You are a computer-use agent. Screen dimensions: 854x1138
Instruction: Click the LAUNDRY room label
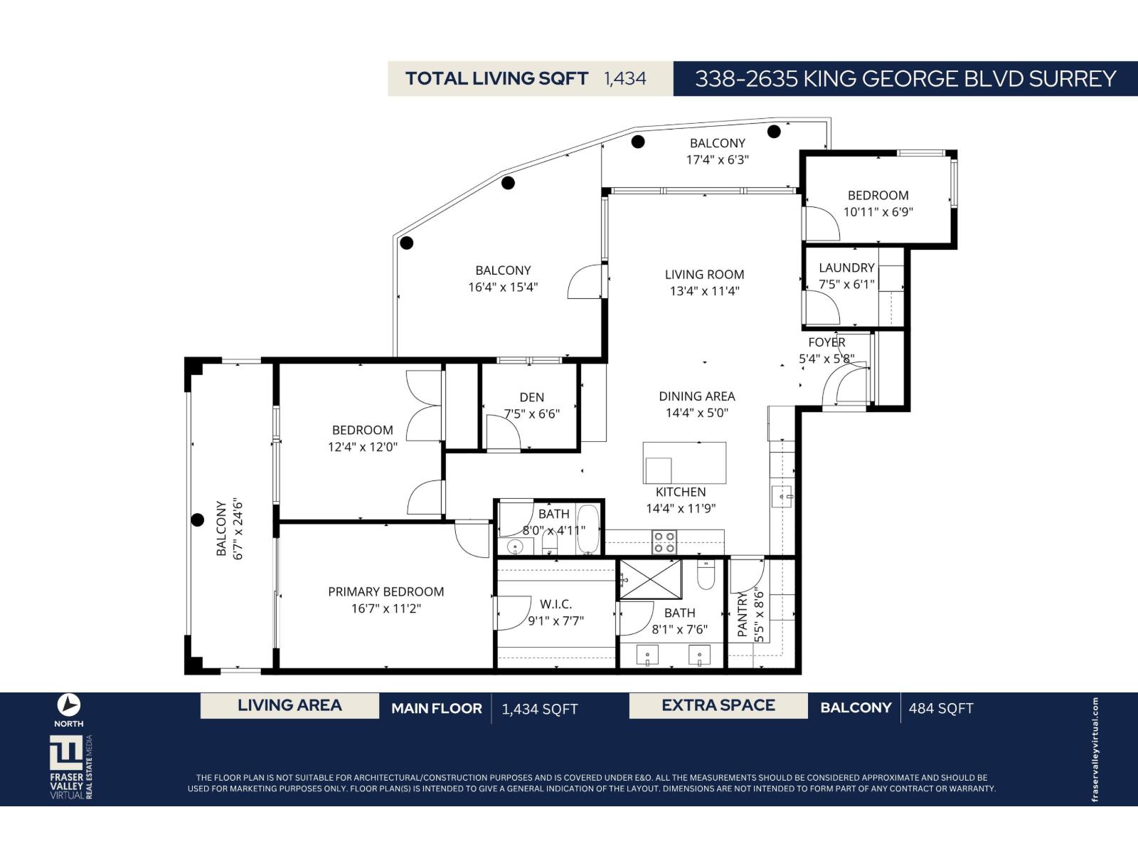coord(846,268)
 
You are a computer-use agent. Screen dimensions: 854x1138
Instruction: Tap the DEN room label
coord(532,397)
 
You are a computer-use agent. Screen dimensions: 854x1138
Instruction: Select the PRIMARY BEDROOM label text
coord(385,591)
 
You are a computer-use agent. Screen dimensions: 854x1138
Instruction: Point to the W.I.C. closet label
coord(555,604)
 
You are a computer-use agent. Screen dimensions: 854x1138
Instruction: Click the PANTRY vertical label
coord(743,614)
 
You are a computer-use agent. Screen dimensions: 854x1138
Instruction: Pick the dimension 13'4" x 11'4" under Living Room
coord(704,290)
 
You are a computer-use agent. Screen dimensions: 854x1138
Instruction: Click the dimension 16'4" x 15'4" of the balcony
coord(503,288)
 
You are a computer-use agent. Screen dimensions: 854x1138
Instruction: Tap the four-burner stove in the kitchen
coord(665,542)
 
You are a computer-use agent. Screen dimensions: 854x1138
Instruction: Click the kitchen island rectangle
coord(684,463)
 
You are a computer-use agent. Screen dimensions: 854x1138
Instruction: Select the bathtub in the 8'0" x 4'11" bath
coord(588,529)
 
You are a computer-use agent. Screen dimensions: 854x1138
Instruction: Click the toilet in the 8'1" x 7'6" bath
coord(706,575)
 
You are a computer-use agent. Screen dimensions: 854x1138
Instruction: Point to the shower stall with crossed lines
coord(650,580)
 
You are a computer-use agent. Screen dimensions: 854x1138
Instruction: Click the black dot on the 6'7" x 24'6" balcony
coord(198,520)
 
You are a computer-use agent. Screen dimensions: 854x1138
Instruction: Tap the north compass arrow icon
coord(69,705)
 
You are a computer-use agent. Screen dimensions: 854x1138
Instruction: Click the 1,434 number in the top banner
coord(625,78)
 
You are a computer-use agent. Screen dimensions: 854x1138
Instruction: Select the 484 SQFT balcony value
coord(941,708)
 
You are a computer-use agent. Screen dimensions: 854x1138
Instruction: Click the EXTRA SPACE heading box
coord(718,705)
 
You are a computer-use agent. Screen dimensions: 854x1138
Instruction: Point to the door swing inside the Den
coord(504,433)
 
